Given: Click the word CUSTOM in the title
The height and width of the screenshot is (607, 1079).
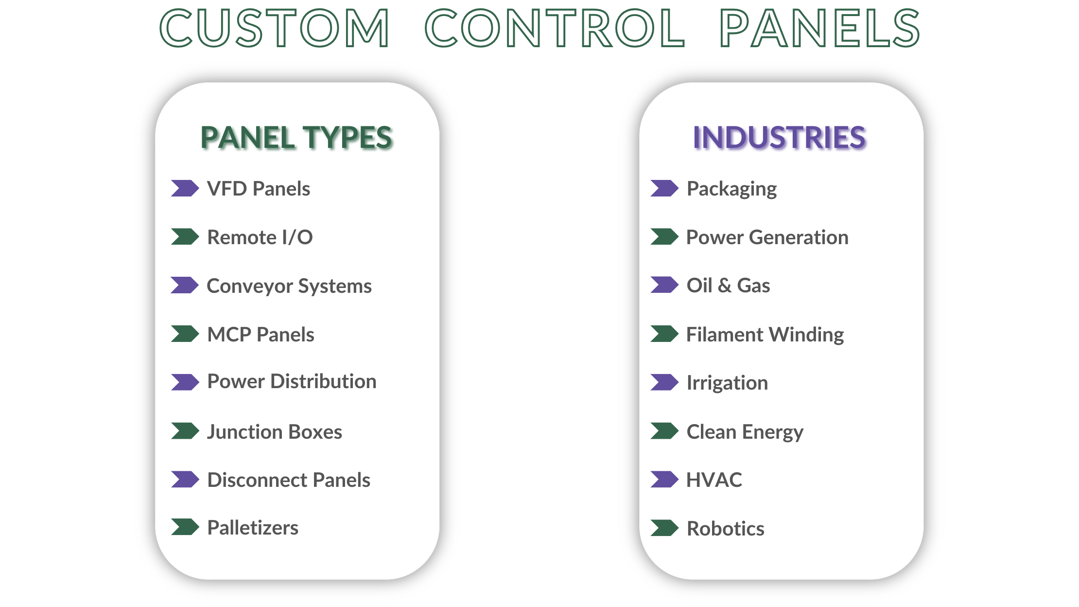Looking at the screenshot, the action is [x=275, y=28].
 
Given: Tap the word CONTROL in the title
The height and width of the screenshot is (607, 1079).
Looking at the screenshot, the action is [x=555, y=28].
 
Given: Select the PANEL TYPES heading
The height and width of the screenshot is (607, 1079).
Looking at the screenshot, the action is [x=296, y=137].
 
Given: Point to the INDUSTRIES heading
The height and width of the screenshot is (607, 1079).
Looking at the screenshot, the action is [x=779, y=137].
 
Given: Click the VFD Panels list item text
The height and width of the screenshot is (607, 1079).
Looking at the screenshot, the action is [x=259, y=189].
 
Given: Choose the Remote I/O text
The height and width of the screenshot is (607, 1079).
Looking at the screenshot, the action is [x=260, y=237].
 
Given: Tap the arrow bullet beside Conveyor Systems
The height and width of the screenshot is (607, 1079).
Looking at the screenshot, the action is [x=185, y=286].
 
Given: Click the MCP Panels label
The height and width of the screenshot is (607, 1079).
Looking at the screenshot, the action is [x=261, y=335].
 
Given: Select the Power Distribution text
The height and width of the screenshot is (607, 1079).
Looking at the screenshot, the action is [x=292, y=381].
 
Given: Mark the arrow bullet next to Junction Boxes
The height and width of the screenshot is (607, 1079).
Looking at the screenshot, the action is [x=185, y=431].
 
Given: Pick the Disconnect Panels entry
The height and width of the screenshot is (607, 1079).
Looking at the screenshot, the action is [x=289, y=480].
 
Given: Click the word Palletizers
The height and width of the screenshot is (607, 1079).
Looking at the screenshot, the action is [x=253, y=528].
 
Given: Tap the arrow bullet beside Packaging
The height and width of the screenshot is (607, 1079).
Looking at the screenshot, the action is [x=664, y=188].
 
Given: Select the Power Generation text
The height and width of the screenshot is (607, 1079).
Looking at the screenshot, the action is [x=767, y=237].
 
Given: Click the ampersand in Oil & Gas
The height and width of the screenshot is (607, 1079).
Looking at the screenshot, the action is [x=725, y=286].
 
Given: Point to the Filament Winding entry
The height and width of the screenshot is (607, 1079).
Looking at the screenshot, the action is [x=765, y=335].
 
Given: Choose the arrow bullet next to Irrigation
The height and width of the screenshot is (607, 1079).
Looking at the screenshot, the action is [x=664, y=382].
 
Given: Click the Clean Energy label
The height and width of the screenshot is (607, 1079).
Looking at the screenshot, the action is [x=745, y=432].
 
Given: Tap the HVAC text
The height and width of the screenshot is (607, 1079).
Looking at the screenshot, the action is [x=714, y=480].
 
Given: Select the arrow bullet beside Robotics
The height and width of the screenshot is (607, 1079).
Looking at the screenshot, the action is [x=664, y=528].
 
